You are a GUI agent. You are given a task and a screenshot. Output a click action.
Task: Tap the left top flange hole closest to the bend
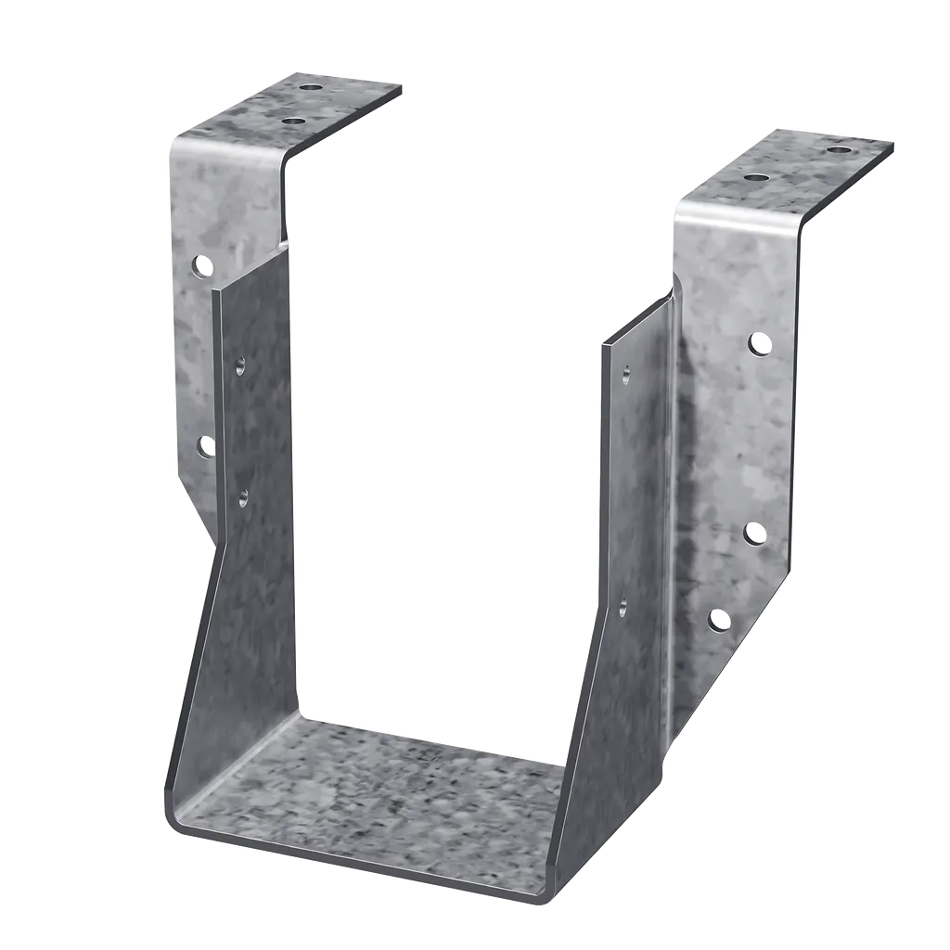point(292,121)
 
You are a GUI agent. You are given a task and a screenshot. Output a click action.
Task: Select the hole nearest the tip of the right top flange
point(838,148)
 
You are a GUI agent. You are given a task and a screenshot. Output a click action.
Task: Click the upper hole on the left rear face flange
point(202,267)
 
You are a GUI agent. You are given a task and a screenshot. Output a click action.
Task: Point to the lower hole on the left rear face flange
point(206,446)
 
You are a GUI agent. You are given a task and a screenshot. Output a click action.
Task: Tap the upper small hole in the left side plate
point(240,366)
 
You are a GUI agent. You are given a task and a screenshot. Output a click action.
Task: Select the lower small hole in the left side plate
point(243,497)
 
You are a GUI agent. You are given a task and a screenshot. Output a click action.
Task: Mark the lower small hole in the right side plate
point(623,608)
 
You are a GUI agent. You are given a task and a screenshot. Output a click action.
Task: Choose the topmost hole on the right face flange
point(760,344)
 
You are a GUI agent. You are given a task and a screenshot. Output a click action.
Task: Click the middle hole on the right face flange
point(756,533)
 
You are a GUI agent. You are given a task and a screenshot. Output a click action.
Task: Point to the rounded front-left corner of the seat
point(172,816)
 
